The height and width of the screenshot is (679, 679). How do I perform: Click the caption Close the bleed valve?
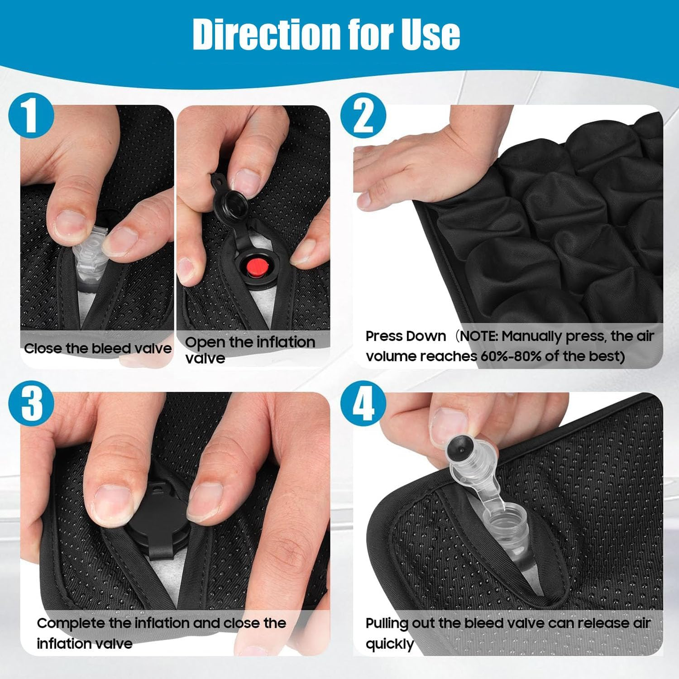pos(98,348)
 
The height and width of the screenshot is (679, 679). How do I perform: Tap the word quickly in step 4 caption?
pos(390,644)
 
